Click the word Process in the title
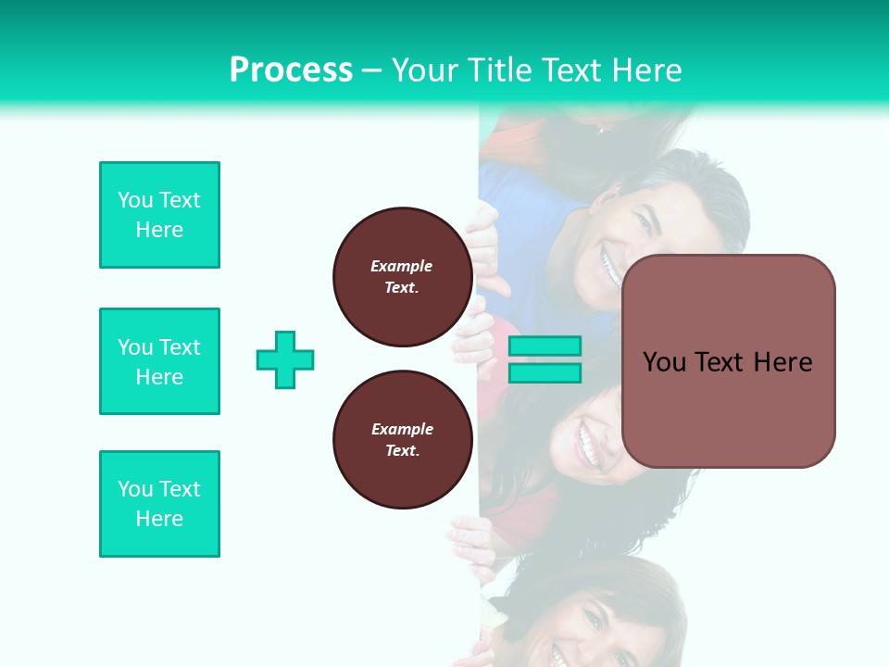[291, 70]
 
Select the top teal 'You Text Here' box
[159, 215]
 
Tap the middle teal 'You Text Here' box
[159, 361]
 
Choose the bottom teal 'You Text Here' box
[159, 504]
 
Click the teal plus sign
[285, 359]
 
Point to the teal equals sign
[545, 359]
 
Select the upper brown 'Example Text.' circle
[402, 277]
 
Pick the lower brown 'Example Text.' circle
[402, 440]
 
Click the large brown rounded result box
[728, 361]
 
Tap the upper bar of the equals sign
[545, 346]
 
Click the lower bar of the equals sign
[545, 373]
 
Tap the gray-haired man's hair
[704, 185]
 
